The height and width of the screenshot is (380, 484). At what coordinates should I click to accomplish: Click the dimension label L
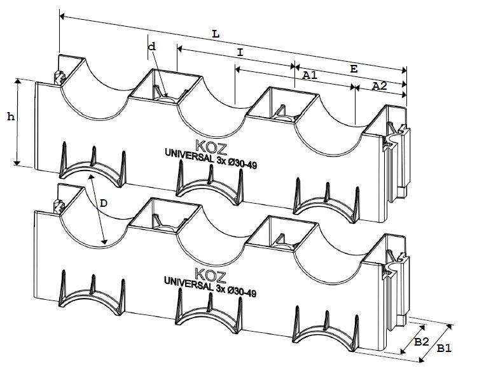[x=216, y=34]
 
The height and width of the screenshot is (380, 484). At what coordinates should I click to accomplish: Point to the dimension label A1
[x=309, y=76]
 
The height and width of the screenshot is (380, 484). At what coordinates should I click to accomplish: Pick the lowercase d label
[x=151, y=46]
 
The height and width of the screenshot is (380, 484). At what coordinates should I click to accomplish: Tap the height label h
[x=10, y=116]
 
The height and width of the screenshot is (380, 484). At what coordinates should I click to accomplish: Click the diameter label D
[x=104, y=204]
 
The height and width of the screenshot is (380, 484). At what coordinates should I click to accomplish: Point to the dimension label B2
[x=421, y=342]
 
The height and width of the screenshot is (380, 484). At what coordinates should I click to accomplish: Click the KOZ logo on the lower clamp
[x=207, y=274]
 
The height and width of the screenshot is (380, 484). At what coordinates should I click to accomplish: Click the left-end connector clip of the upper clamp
[x=60, y=78]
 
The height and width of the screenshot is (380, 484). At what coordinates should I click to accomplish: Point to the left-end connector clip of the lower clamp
[x=60, y=206]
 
